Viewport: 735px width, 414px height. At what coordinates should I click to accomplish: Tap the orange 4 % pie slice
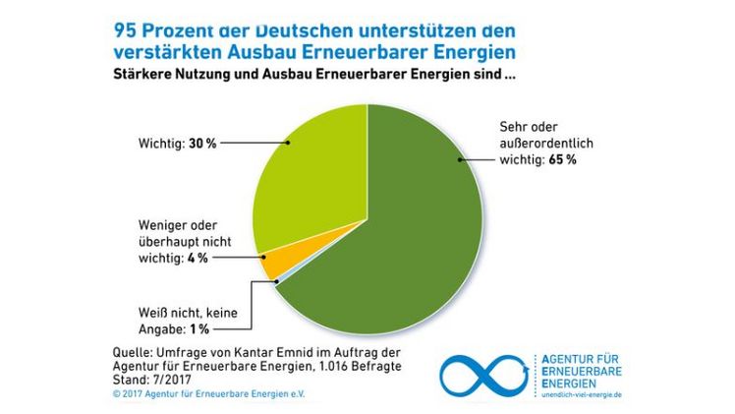[274, 263]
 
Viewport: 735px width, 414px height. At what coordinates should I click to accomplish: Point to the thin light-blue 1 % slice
[278, 279]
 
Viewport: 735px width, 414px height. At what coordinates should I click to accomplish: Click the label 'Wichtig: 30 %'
[177, 143]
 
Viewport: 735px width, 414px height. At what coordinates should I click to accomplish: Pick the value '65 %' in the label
[560, 159]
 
